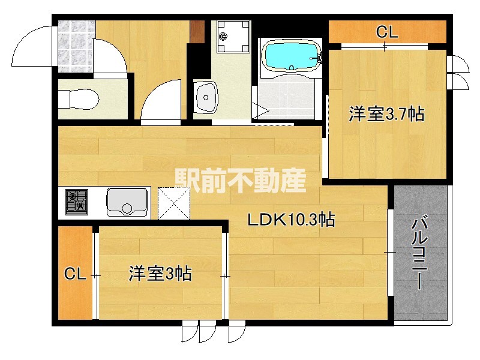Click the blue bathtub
pos(289,56)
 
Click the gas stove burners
pos(76,202)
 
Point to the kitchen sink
pos(127,202)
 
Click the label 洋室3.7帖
pos(387,114)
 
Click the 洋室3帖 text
pos(160,274)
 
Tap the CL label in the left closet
pos(75,275)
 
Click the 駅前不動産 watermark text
pos(240,179)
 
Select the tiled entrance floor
pos(76,45)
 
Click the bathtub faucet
pos(315,58)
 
